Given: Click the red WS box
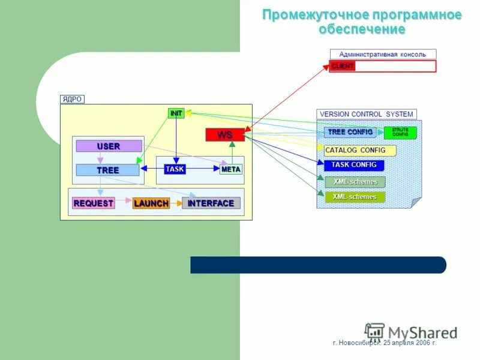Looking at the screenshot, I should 225,135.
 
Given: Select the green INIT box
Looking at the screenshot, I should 176,113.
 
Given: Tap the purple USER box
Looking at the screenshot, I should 109,146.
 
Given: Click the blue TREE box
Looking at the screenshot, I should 108,170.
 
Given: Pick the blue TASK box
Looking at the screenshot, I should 175,169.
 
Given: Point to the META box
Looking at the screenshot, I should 231,169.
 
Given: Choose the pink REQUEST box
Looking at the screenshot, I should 93,203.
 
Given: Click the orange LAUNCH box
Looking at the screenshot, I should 151,203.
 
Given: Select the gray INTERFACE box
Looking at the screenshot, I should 211,203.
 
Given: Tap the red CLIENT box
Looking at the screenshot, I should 343,66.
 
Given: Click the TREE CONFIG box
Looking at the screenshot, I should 350,132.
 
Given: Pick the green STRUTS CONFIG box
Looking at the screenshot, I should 400,132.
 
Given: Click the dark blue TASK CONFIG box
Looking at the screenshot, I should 354,165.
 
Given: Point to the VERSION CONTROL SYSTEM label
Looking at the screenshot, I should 366,114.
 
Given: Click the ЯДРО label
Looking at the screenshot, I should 72,99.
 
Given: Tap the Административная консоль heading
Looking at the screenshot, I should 383,55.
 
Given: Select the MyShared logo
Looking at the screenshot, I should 411,332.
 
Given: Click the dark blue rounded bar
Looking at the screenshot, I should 318,265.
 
